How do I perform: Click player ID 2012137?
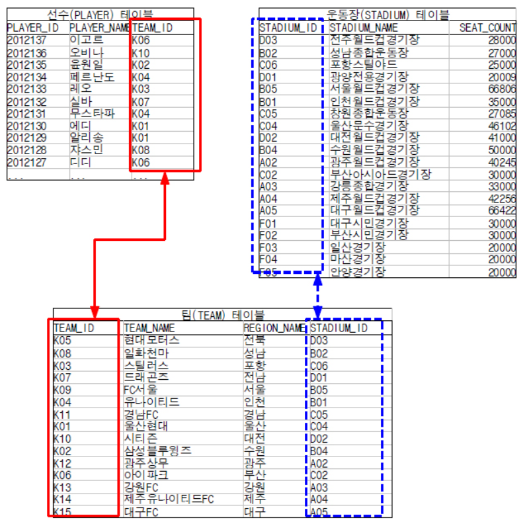point(26,40)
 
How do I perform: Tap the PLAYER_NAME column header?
point(99,28)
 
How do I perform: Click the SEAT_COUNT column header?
point(487,28)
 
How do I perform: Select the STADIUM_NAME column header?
point(364,28)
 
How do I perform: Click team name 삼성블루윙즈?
point(157,450)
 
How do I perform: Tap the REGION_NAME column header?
point(273,327)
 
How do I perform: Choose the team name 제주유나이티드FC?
point(169,498)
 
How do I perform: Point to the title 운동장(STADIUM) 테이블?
point(388,13)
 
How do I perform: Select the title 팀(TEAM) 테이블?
point(222,315)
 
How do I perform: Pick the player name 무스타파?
point(92,113)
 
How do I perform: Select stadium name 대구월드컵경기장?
point(374,210)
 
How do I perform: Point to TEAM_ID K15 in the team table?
point(63,511)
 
